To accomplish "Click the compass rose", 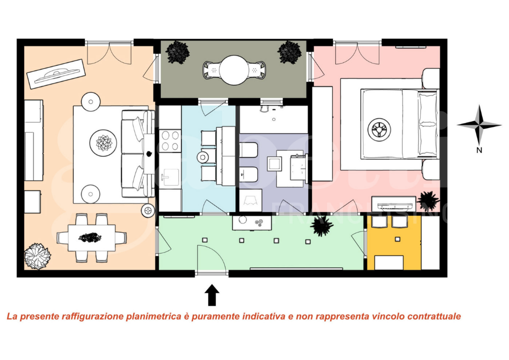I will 478,124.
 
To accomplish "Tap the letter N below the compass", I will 478,149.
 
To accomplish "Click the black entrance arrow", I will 212,294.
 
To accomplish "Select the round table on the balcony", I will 233,69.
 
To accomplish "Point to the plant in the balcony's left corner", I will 177,52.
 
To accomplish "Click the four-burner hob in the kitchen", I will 169,140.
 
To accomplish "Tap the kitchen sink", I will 170,176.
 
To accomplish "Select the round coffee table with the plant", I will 104,143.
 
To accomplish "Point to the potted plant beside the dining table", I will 38,255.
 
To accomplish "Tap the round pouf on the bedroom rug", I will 379,129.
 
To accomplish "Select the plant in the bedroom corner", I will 428,201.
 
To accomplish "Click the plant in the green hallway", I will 321,226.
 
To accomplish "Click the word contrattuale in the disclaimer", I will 434,316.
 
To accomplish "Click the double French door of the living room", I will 109,52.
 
